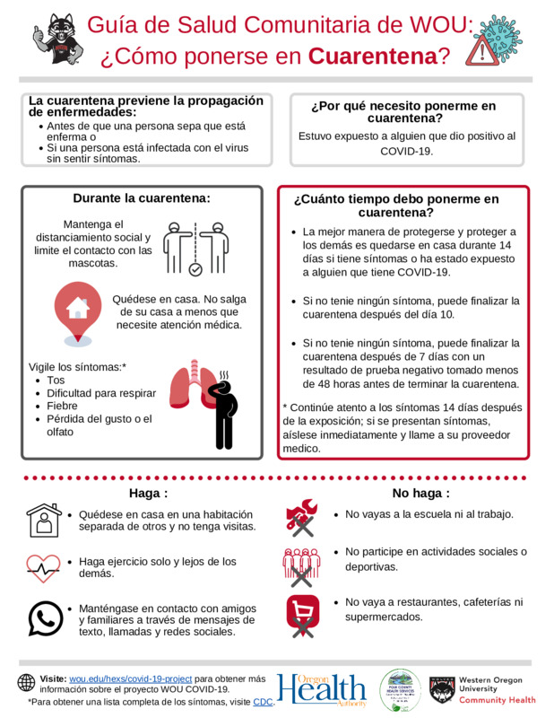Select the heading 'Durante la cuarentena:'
[x=142, y=198]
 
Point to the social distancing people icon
[x=196, y=246]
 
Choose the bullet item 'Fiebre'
[x=63, y=406]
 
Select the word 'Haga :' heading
[x=148, y=493]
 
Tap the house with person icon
[x=43, y=521]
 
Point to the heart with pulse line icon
[x=43, y=567]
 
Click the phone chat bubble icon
[x=44, y=618]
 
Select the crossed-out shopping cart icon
[x=302, y=616]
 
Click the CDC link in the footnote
[x=263, y=701]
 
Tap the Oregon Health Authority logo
[x=322, y=689]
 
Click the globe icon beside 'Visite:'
[x=26, y=682]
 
